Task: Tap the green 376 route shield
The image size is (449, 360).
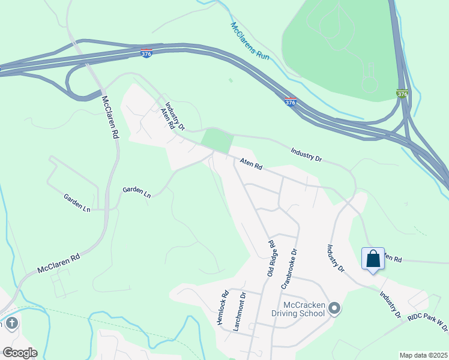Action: pos(402,94)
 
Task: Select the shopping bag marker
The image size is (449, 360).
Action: pos(373,259)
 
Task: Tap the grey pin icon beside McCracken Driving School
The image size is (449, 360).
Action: pos(335,308)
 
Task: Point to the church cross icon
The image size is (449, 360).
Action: pos(11,324)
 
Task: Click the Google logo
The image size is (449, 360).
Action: pos(19,353)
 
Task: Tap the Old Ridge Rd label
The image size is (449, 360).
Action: pos(271,258)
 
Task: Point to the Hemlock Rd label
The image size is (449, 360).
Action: pos(223,307)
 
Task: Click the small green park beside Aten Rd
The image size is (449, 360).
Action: pos(217,140)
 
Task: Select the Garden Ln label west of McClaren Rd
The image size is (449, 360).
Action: pos(77,203)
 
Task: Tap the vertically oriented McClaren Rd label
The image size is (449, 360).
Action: pos(109,117)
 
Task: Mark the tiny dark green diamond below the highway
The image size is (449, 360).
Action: pos(230,79)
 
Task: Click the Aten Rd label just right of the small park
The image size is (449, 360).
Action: pos(251,164)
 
